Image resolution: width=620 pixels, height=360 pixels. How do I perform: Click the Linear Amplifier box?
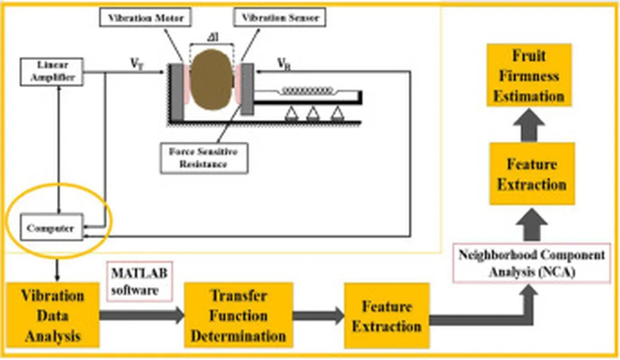(x=51, y=72)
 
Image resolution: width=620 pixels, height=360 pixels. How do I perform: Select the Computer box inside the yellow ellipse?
(x=50, y=228)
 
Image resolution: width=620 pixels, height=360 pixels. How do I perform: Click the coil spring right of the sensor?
(x=305, y=91)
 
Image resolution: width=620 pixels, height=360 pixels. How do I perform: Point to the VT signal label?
(x=137, y=64)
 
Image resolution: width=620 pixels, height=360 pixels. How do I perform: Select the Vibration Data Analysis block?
(x=53, y=315)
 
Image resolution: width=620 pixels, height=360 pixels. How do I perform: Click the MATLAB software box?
(x=138, y=281)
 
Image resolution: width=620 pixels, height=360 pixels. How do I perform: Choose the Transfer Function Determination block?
(x=239, y=315)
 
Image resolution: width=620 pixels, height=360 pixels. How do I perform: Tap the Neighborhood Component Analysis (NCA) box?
(x=531, y=264)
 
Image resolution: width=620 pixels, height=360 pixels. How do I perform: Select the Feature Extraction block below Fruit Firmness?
(x=531, y=174)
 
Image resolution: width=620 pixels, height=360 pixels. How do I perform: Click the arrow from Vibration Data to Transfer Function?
(x=142, y=315)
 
